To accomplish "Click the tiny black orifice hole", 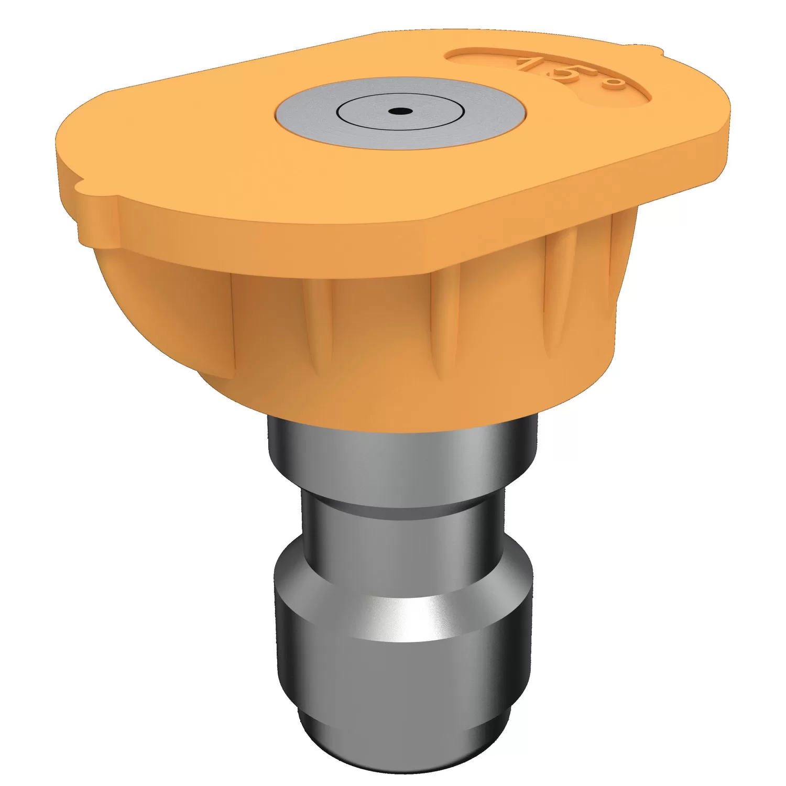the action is click(399, 111).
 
